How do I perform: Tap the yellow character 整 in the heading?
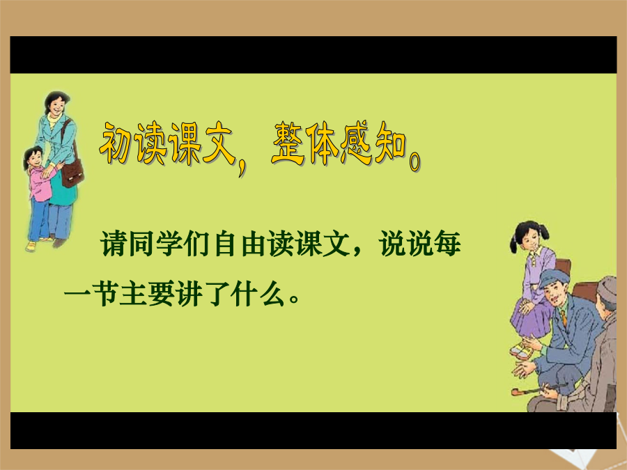tap(288, 143)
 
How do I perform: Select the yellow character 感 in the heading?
tap(356, 143)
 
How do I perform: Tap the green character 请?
tap(114, 244)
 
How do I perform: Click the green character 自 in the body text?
tap(226, 244)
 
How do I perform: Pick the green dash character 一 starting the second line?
tap(77, 295)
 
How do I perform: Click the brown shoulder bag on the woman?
tap(71, 172)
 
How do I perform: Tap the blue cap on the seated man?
tap(555, 277)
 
